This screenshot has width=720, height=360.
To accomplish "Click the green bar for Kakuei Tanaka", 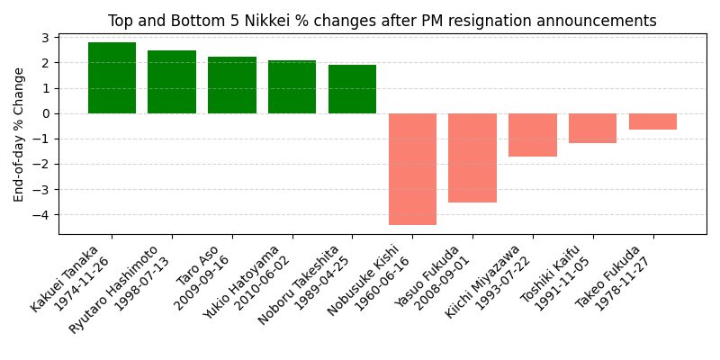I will pos(112,78).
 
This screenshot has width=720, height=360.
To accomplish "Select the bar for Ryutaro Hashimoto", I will pos(172,82).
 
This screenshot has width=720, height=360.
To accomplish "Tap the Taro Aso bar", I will pos(232,85).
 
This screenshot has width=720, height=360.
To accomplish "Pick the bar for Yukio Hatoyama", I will pos(292,87).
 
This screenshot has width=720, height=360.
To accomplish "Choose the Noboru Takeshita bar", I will pos(352,89).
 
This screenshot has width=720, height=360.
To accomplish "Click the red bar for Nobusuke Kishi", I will pos(412,169).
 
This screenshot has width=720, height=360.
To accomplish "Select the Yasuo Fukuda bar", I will pos(472,157).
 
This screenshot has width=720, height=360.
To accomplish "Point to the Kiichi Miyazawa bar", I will pos(533,135).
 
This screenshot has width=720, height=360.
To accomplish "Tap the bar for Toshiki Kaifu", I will pos(592,128).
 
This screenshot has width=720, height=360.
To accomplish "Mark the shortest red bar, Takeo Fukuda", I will pos(652,121).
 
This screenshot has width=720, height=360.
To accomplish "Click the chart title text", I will pos(382,21).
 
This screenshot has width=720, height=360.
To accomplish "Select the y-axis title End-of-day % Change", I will pos(19,134).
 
